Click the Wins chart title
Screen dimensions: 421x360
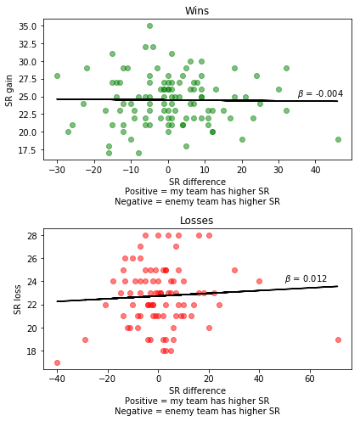coord(197,11)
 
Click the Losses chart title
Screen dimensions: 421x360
coord(197,221)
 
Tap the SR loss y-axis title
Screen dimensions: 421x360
coord(18,299)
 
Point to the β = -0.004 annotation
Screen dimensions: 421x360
coord(320,94)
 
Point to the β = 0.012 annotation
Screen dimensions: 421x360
coord(306,278)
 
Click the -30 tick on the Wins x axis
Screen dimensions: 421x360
coord(57,170)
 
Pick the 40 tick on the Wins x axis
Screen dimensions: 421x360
coord(316,170)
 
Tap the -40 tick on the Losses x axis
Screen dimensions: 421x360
coord(57,379)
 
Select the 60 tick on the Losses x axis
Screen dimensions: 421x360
coord(309,379)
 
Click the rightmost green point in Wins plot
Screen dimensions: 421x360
coord(338,139)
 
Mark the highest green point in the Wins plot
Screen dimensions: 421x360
coord(149,26)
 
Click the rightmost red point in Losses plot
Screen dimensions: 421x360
coord(338,340)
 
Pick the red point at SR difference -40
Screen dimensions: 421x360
coord(57,362)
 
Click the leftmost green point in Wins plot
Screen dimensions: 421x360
coord(57,76)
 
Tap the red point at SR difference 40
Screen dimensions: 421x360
coord(259,281)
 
